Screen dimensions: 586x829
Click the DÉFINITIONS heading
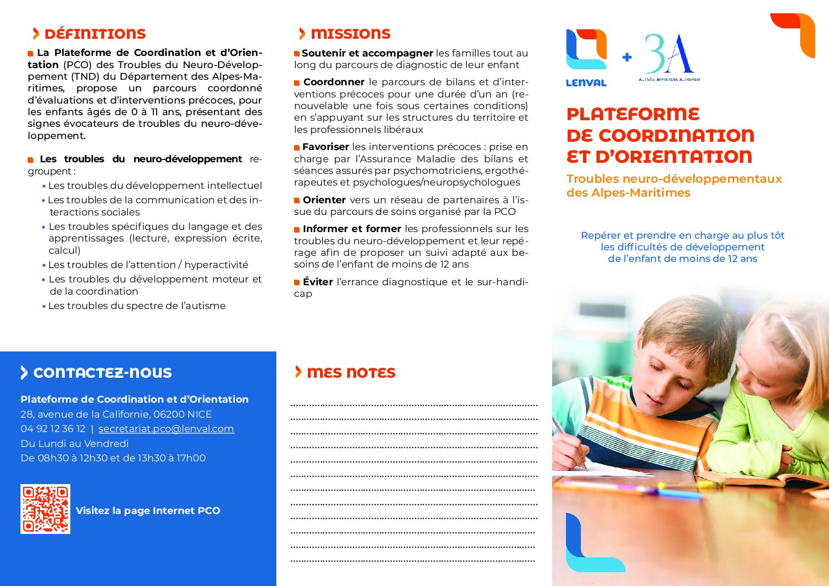[x=94, y=34]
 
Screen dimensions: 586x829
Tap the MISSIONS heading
[x=350, y=34]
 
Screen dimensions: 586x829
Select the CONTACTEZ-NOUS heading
[x=102, y=373]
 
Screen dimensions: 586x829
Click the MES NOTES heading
[x=351, y=373]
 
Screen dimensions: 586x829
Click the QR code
[x=45, y=509]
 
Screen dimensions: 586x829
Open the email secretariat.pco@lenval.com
[x=166, y=429]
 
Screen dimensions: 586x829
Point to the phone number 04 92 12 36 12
[x=53, y=429]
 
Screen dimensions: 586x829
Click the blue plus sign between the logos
[x=627, y=57]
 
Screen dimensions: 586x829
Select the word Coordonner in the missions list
[x=334, y=82]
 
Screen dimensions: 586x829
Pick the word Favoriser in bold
[x=326, y=147]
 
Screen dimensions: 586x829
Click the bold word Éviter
[x=318, y=282]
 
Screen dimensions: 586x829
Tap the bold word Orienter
[x=324, y=200]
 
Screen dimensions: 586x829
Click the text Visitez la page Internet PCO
[x=148, y=511]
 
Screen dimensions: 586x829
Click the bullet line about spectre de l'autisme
[x=137, y=306]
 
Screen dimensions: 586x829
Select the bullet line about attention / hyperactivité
[x=148, y=265]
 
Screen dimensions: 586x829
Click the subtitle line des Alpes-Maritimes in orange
[x=628, y=193]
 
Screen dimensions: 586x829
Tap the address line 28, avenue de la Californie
[x=116, y=414]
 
